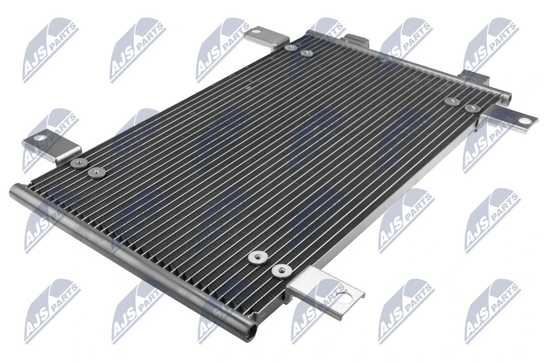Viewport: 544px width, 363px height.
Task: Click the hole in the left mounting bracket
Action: pyautogui.click(x=39, y=137)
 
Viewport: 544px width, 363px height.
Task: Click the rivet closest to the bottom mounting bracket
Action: pyautogui.click(x=279, y=271)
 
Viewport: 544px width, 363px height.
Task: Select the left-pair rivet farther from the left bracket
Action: pyautogui.click(x=95, y=171)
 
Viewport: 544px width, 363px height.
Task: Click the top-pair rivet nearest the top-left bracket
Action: pyautogui.click(x=290, y=48)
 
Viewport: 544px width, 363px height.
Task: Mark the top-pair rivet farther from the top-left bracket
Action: pyautogui.click(x=307, y=53)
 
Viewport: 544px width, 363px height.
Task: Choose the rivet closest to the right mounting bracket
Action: pyautogui.click(x=471, y=108)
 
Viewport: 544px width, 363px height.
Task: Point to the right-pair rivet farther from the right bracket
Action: pyautogui.click(x=452, y=102)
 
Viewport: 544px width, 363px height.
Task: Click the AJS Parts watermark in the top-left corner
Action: pyautogui.click(x=50, y=50)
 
